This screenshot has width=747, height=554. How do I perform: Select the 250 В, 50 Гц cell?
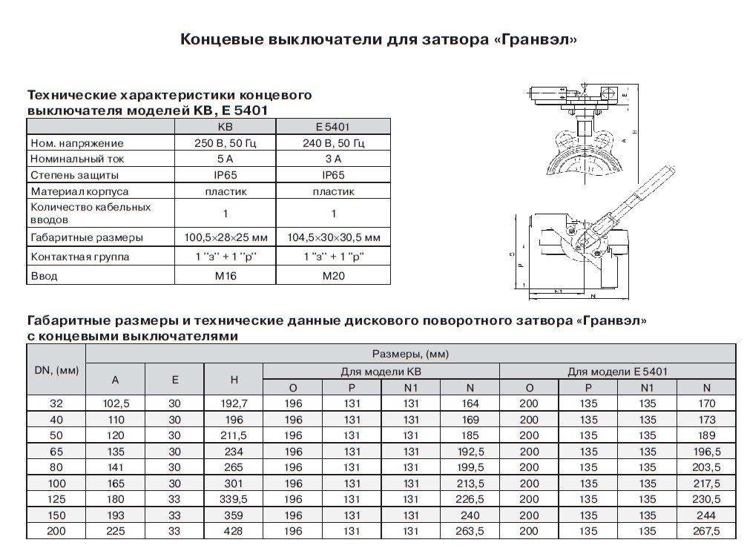coord(224,142)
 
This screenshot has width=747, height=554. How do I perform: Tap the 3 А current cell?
coord(333,159)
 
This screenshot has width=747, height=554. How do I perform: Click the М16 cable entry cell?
coord(224,276)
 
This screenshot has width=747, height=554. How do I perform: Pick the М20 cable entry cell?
coord(333,276)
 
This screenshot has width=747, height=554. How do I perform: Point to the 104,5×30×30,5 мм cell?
coord(333,238)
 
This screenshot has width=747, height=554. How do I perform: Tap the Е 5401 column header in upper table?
coord(333,127)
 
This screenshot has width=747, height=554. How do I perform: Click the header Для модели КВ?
coord(381,370)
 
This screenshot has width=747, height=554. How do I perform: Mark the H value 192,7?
coord(234,403)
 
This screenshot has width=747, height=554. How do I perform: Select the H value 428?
coord(234,531)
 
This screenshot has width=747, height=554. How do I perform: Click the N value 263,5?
coord(469,531)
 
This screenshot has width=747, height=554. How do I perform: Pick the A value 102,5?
coord(116,403)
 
